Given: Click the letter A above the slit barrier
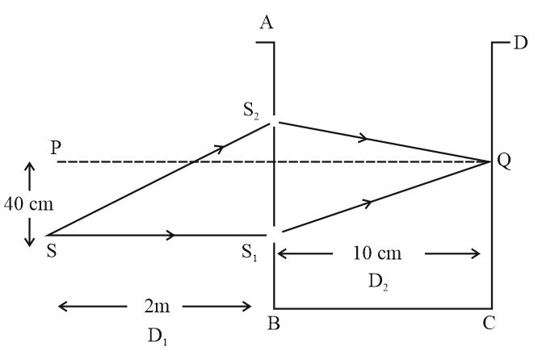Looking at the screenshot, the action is coord(267,23).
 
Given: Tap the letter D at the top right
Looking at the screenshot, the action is coord(520,43).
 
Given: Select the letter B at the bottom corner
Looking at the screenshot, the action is coord(274,323).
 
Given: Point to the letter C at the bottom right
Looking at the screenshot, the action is coord(489,323).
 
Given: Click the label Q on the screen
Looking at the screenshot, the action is coord(503,161).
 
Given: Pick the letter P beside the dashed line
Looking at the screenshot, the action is coord(55,148).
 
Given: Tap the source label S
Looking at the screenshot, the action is coord(52,251).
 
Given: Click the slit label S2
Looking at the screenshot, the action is coord(251,111).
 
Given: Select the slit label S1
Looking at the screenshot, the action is coord(250,252).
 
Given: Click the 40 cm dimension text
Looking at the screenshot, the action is coord(29,204).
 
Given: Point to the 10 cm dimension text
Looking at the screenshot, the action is coord(377,253).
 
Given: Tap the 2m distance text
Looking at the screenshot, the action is coord(157,306).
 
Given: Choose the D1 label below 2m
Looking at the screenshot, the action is coord(158,337).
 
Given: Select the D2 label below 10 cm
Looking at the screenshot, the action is coord(378,283).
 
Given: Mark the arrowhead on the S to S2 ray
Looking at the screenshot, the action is coord(220,149).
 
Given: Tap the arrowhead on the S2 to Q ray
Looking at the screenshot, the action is coord(363,138).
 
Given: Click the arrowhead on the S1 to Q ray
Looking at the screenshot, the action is coord(368,203).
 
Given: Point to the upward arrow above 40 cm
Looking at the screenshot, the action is coord(29,176).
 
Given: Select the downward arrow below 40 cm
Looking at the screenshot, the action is coord(30,232).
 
